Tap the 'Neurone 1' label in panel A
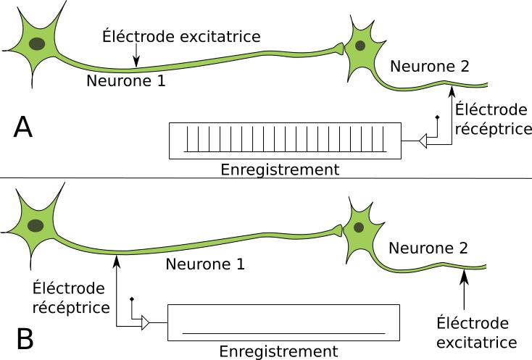pyautogui.click(x=126, y=81)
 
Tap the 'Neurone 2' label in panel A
pyautogui.click(x=430, y=67)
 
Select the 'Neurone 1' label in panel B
pyautogui.click(x=206, y=264)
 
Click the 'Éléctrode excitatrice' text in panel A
pyautogui.click(x=181, y=35)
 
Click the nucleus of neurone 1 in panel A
pyautogui.click(x=36, y=44)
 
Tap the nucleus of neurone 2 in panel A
pyautogui.click(x=359, y=45)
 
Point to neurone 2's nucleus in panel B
pyautogui.click(x=359, y=227)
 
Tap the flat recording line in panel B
pyautogui.click(x=283, y=333)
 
